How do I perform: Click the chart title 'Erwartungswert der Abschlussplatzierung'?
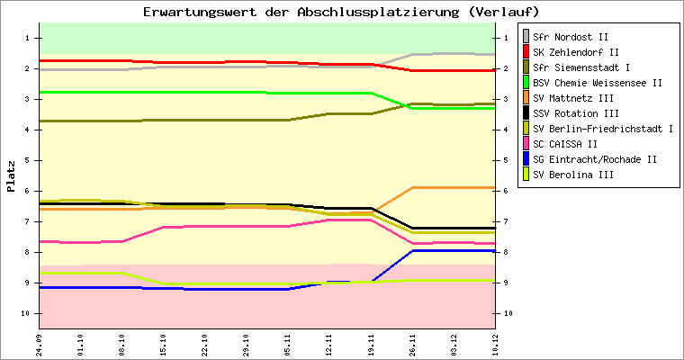coord(341,12)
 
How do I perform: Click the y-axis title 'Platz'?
coord(12,175)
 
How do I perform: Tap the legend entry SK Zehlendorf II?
coord(573,52)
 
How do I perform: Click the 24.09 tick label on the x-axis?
coord(39,346)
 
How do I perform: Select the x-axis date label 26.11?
coord(412,346)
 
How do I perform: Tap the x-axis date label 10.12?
coord(495,346)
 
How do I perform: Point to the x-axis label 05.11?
coord(288,346)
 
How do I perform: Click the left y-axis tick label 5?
coord(28,160)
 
